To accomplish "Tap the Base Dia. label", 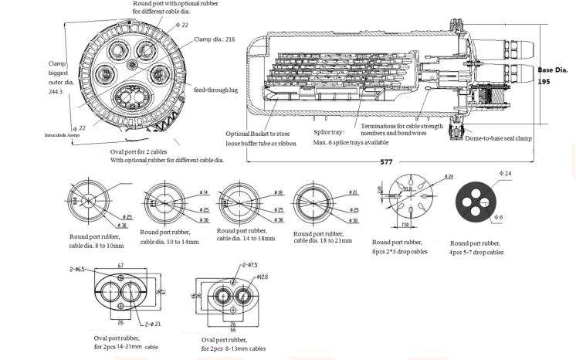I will click(552, 70).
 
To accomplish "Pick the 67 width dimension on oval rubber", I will click(122, 264).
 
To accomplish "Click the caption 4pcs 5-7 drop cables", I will click(476, 252).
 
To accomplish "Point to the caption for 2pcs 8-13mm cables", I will click(234, 348).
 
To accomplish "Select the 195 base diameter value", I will click(544, 80).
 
